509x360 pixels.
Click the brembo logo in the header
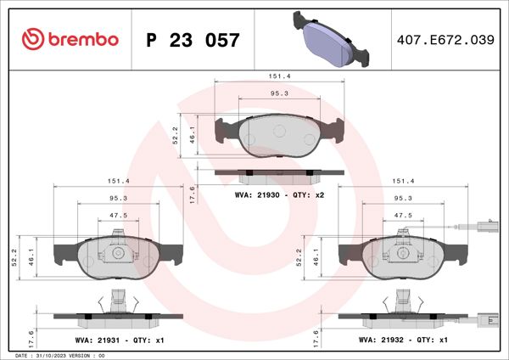pos(64,39)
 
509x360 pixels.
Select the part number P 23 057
pos(193,40)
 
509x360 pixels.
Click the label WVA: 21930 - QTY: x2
pos(279,194)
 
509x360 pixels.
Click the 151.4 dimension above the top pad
pos(279,76)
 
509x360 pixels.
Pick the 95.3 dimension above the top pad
pos(279,93)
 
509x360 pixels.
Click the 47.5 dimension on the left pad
pos(118,215)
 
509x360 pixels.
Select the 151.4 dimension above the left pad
pos(118,181)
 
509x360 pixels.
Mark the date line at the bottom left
pos(59,355)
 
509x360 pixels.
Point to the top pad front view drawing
pos(279,132)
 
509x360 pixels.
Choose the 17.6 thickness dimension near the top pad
pos(193,194)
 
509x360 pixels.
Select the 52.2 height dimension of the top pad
pos(175,132)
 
